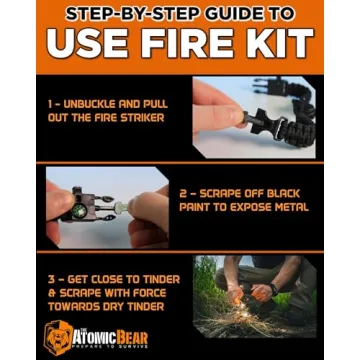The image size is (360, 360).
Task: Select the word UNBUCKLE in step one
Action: (97, 103)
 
